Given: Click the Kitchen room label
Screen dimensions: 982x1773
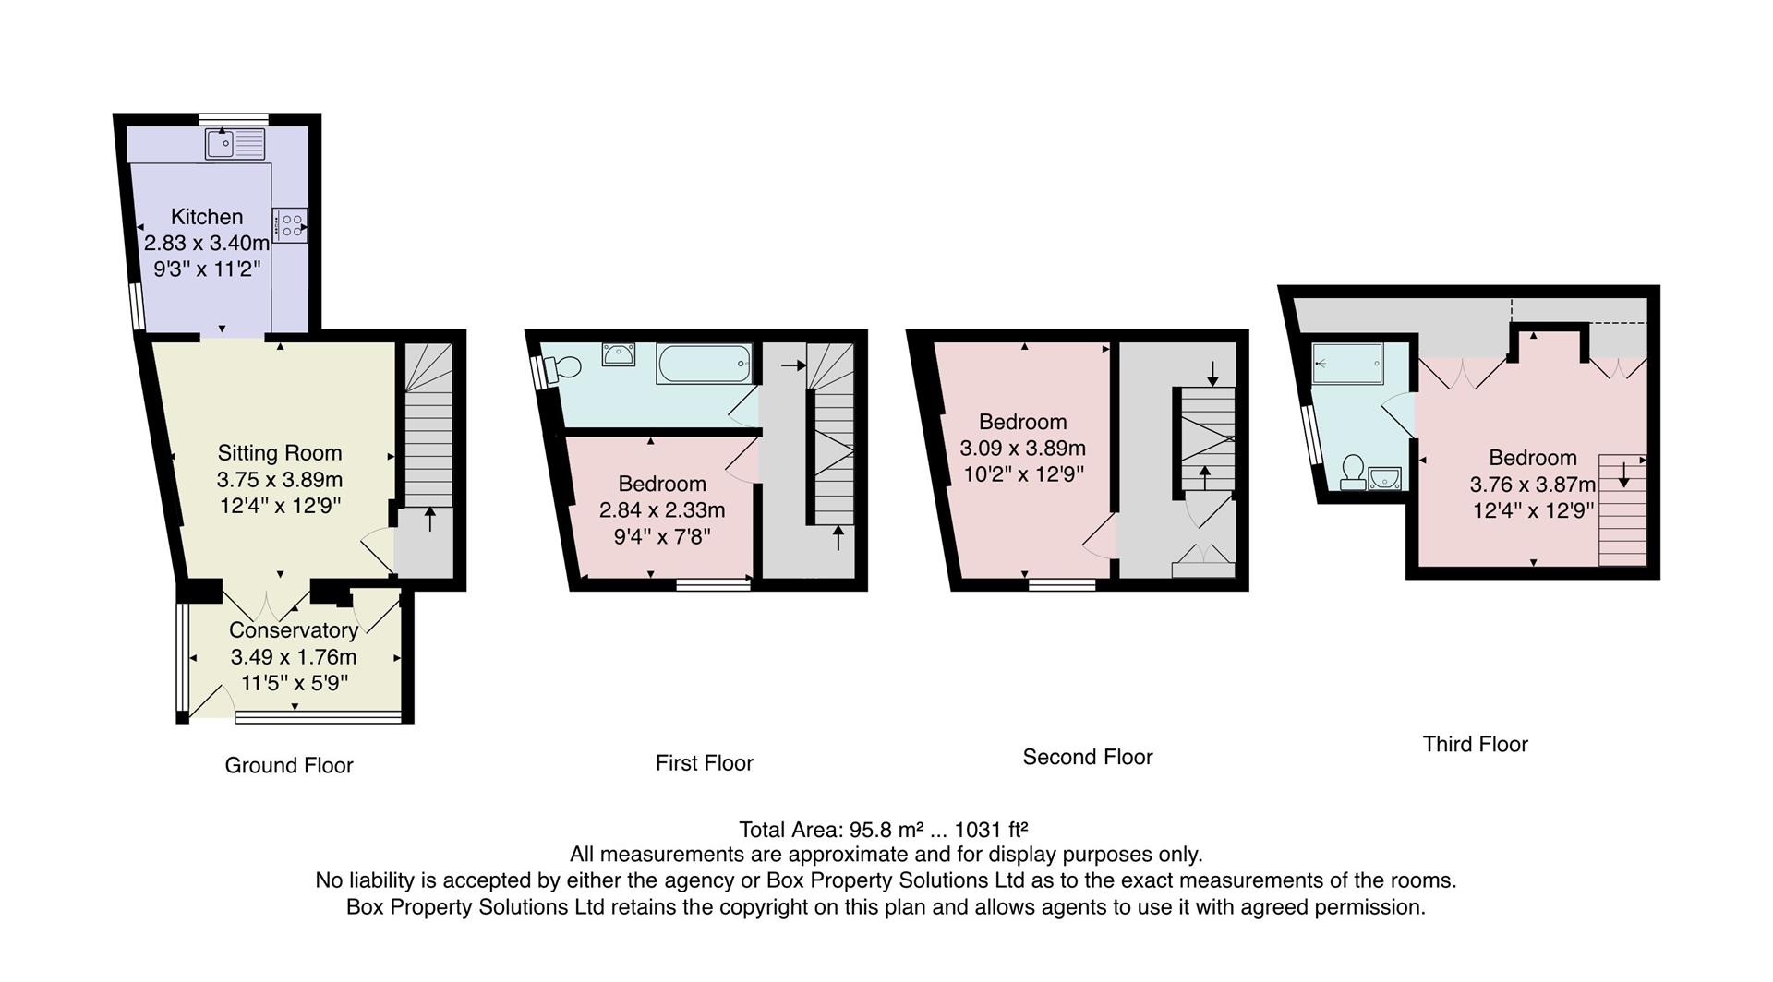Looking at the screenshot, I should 207,217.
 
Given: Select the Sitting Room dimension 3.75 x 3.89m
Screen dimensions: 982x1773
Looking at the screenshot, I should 280,480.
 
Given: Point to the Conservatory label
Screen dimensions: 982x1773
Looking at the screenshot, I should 294,630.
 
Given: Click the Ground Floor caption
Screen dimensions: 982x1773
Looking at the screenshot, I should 289,765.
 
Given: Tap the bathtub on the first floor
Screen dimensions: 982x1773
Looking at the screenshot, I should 705,364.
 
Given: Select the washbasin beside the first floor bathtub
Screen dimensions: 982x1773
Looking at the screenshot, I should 618,353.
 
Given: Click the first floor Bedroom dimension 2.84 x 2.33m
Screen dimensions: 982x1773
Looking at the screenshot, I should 662,510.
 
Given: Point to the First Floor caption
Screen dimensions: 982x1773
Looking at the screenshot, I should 704,763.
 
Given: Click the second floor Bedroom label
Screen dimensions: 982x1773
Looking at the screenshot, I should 1022,422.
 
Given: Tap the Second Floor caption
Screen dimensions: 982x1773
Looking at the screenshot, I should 1087,758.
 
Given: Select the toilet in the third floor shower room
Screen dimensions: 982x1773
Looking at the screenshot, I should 1353,470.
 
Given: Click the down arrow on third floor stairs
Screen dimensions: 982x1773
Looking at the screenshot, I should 1623,474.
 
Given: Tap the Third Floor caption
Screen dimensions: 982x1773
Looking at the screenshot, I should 1475,745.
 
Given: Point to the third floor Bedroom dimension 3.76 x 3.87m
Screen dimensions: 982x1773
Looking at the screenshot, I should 1533,485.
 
